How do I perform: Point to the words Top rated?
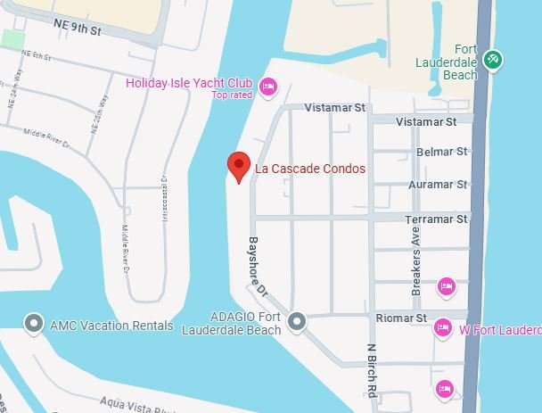232,95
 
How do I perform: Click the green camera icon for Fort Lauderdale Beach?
491,61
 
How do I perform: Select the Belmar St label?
443,153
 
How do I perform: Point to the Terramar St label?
438,219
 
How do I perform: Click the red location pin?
237,167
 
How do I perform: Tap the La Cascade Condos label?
309,169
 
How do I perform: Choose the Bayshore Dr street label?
258,267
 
